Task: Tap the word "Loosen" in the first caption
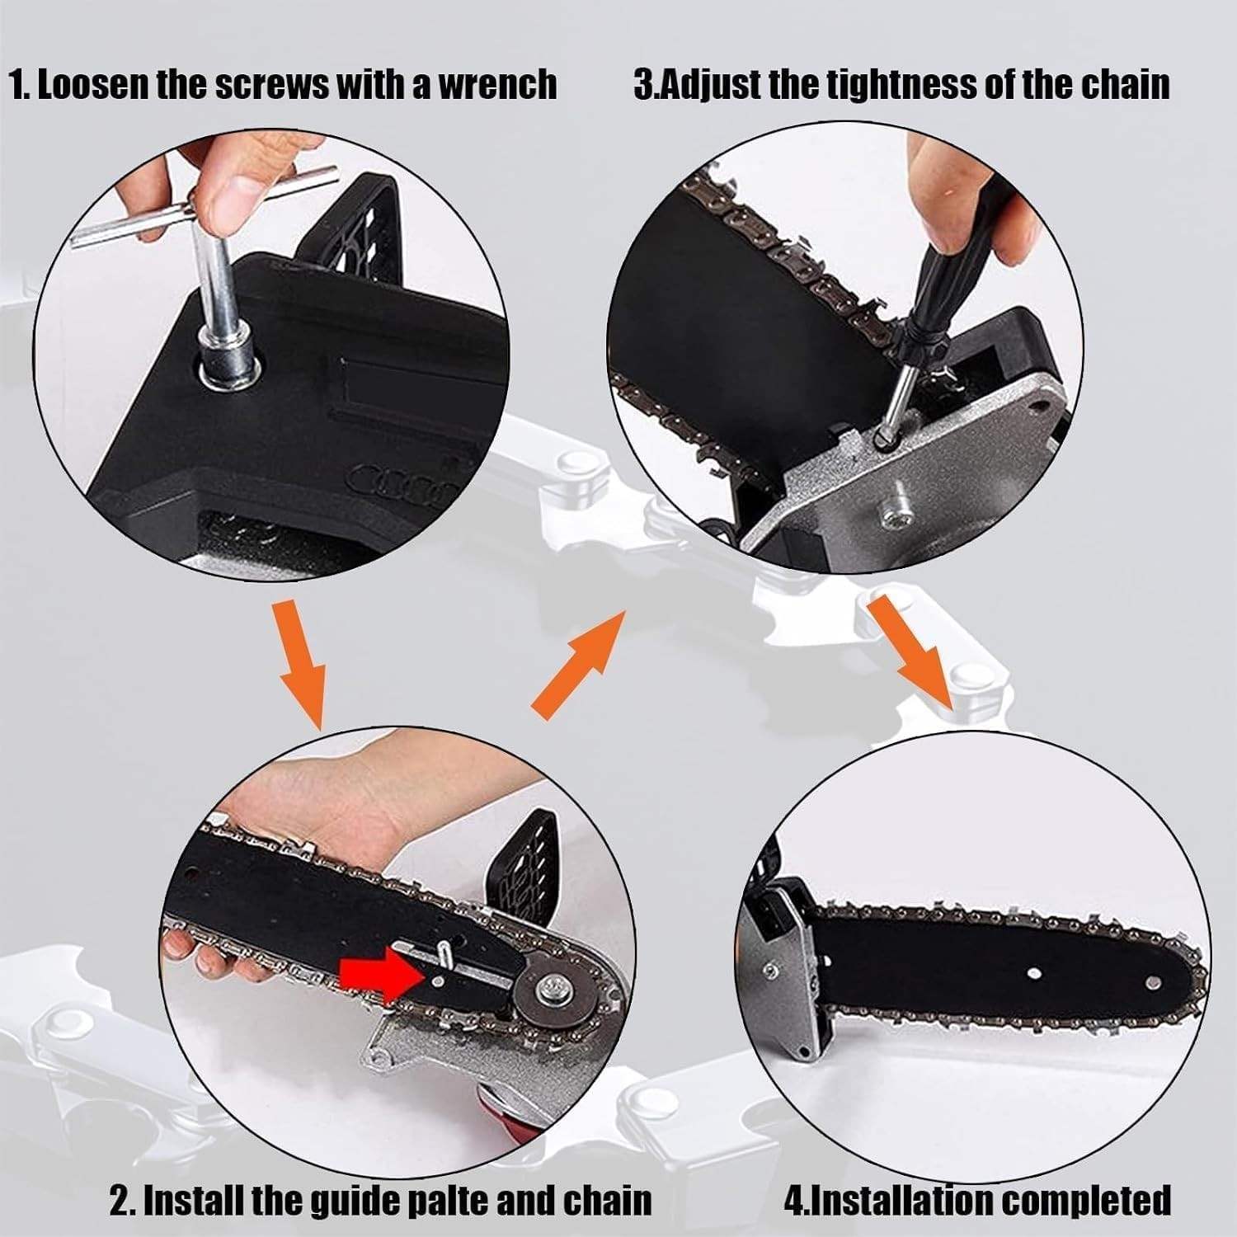pos(93,86)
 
